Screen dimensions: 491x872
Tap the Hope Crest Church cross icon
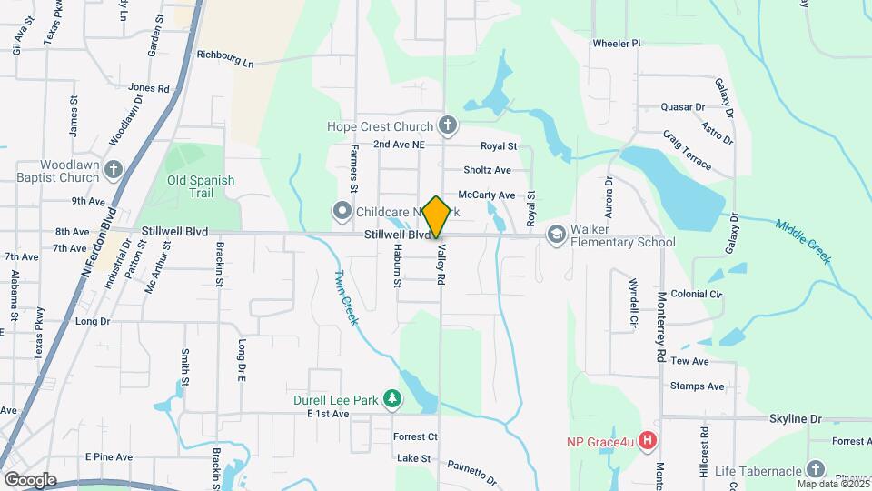[447, 125]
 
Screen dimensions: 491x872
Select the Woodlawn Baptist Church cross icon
[114, 169]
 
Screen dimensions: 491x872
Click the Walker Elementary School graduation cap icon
[554, 235]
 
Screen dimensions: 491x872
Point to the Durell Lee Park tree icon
[391, 398]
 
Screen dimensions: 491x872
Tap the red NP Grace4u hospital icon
[648, 442]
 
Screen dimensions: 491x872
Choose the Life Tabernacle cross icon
[816, 470]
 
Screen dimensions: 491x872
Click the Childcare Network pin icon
[342, 212]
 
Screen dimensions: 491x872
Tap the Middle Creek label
[803, 241]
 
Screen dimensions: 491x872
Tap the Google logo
[30, 480]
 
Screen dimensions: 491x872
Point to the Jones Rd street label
[149, 88]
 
